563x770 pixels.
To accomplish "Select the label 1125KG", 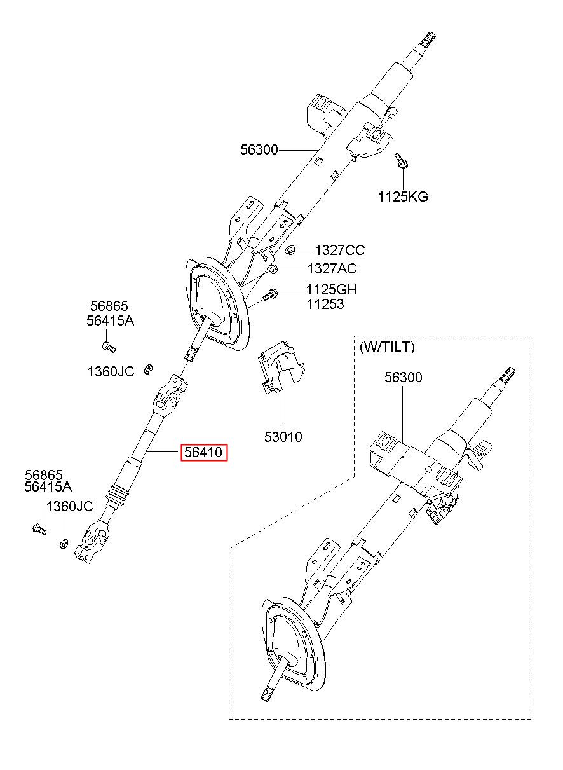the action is coord(403,197).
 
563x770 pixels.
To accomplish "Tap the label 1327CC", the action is coord(340,251).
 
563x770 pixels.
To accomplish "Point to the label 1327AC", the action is coord(332,268).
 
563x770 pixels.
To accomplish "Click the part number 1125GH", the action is coord(332,290).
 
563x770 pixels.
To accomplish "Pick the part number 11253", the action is coord(325,304).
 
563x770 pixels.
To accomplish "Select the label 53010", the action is coord(283,437).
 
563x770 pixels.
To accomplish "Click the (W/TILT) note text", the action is coord(387,347).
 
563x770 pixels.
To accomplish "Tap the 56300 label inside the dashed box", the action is coord(404,377).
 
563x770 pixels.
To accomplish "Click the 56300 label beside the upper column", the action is coord(259,150).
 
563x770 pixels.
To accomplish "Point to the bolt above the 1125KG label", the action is coord(401,160).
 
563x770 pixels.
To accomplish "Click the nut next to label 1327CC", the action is coord(290,250).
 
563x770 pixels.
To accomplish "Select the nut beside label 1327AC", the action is coord(273,269).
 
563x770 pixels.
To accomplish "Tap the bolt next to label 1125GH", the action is coord(270,295).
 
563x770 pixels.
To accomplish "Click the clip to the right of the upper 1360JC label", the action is coord(149,369).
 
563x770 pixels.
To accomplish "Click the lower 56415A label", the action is coord(48,487).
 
